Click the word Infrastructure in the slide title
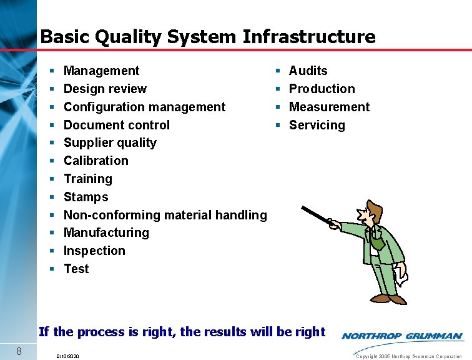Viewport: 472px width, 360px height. tap(309, 37)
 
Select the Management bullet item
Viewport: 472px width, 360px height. tap(101, 71)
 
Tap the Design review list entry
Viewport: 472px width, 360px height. tap(105, 89)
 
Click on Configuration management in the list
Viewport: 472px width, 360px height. tap(144, 107)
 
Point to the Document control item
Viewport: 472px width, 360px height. tap(116, 125)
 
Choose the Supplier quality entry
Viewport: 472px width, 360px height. tap(110, 142)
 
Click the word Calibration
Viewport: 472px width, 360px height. tap(96, 161)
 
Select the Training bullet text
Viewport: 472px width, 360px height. tap(88, 179)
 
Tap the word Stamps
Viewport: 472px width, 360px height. tap(86, 197)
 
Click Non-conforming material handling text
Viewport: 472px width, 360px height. tap(165, 215)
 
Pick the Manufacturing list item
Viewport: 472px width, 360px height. tap(106, 232)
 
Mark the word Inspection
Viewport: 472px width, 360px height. tap(94, 251)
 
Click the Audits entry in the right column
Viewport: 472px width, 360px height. tap(308, 71)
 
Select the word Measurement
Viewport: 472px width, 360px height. tap(329, 107)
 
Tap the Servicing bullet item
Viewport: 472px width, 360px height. tap(317, 125)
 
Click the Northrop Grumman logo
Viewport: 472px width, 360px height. tap(402, 336)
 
